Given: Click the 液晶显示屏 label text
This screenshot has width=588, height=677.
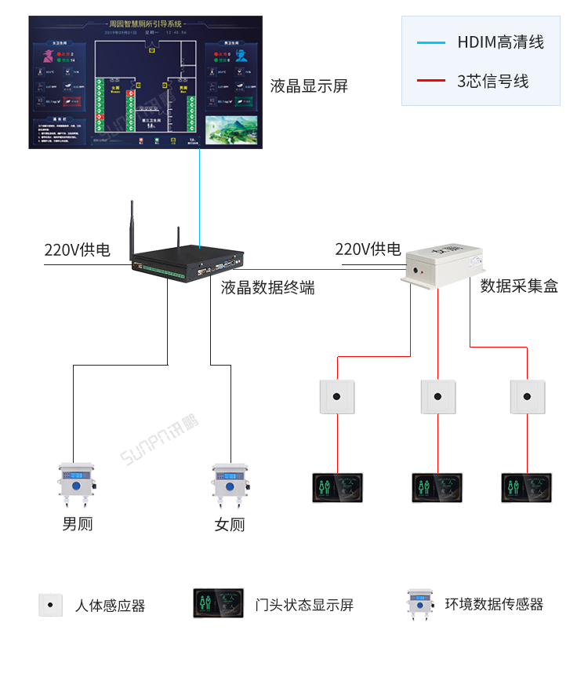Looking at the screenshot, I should (x=309, y=86).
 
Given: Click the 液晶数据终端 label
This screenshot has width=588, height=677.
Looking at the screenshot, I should (x=267, y=288).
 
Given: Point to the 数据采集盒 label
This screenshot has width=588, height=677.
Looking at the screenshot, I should (x=519, y=286).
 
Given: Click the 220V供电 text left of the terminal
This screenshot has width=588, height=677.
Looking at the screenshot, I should (x=77, y=250).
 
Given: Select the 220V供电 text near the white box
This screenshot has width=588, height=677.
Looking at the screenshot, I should (x=368, y=249).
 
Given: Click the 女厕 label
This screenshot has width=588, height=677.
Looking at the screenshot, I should (x=230, y=525).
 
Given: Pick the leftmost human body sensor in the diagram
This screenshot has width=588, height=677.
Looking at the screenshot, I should (x=337, y=397).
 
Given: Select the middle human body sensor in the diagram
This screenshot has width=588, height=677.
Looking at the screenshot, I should (x=438, y=397).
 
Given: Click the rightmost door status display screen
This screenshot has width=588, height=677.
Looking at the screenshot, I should (x=526, y=488).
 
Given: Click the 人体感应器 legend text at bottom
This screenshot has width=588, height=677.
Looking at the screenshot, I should (x=110, y=606).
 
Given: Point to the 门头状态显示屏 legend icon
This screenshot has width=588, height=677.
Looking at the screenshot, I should (x=218, y=603).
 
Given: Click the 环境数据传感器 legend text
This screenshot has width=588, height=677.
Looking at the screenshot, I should (x=494, y=604).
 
